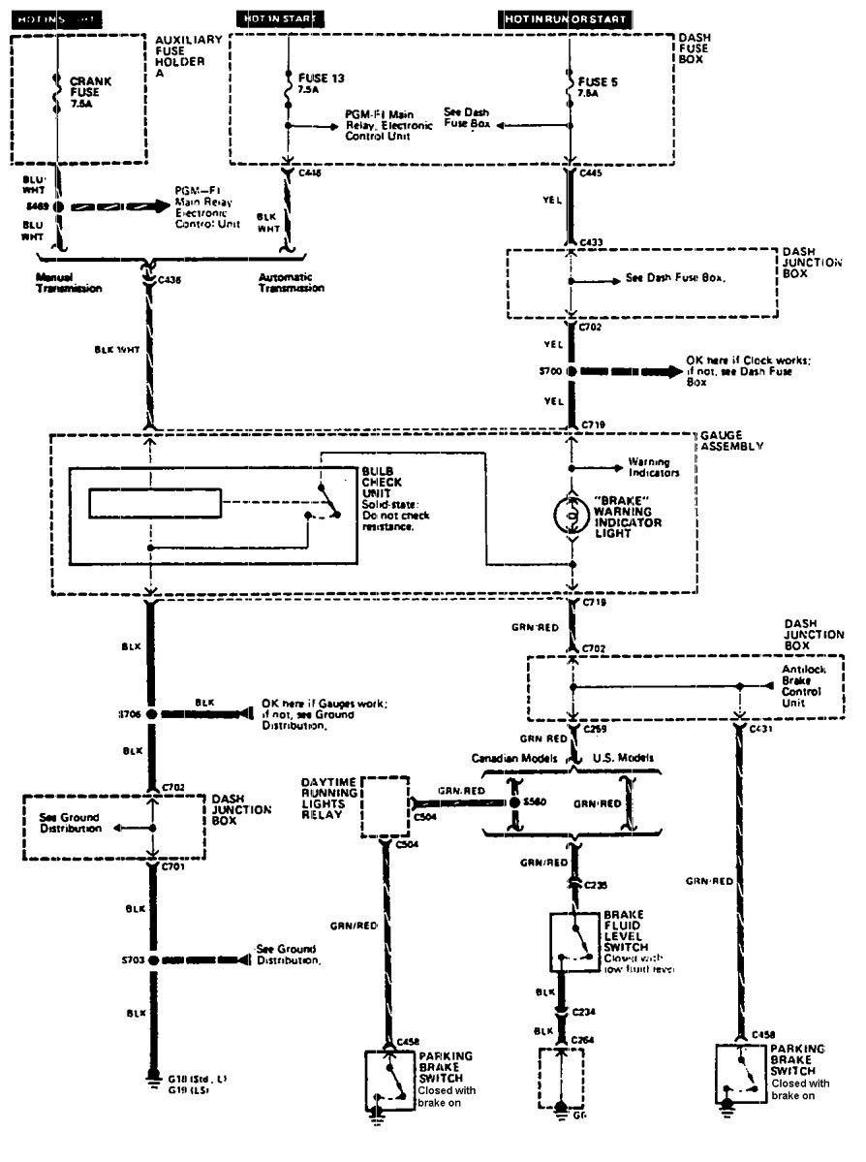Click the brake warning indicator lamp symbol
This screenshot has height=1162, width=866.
[x=572, y=515]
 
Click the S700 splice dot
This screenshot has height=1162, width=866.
[x=572, y=371]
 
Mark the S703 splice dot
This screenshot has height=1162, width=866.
[x=151, y=959]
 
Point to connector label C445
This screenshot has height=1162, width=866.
[x=592, y=173]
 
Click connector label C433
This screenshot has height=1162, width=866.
[x=592, y=240]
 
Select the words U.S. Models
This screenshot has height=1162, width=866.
[x=622, y=757]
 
